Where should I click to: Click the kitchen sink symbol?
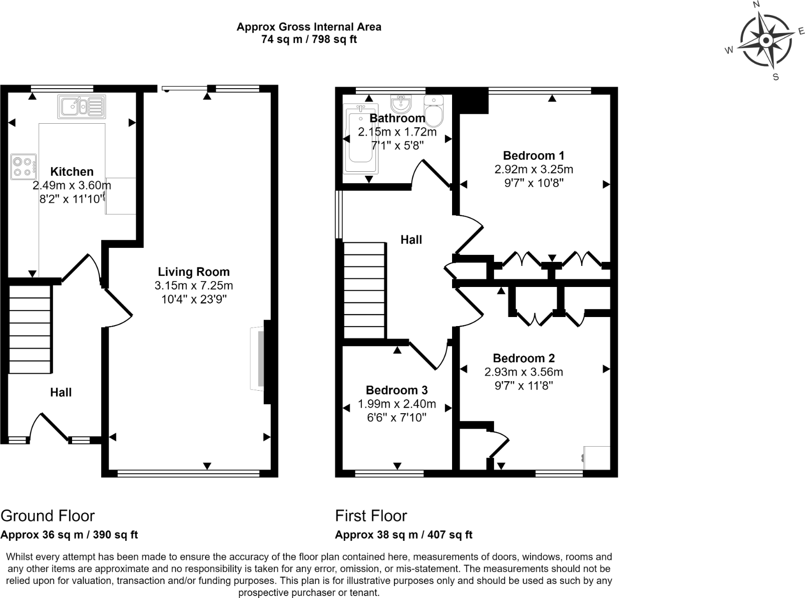point(81,106)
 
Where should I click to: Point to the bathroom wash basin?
point(401,104)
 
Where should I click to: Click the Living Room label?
point(194,272)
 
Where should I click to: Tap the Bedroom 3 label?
point(396,390)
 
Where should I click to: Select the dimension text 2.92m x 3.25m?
point(534,169)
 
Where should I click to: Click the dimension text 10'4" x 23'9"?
point(194,300)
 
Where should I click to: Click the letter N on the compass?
point(756,5)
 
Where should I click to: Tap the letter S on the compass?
point(776,77)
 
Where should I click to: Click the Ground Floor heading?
point(48,515)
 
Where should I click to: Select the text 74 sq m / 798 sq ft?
point(309,40)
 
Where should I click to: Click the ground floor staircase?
point(30,329)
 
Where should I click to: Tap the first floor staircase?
point(364,290)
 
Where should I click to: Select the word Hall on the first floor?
point(411,240)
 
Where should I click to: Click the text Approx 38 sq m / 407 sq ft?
point(404,534)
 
